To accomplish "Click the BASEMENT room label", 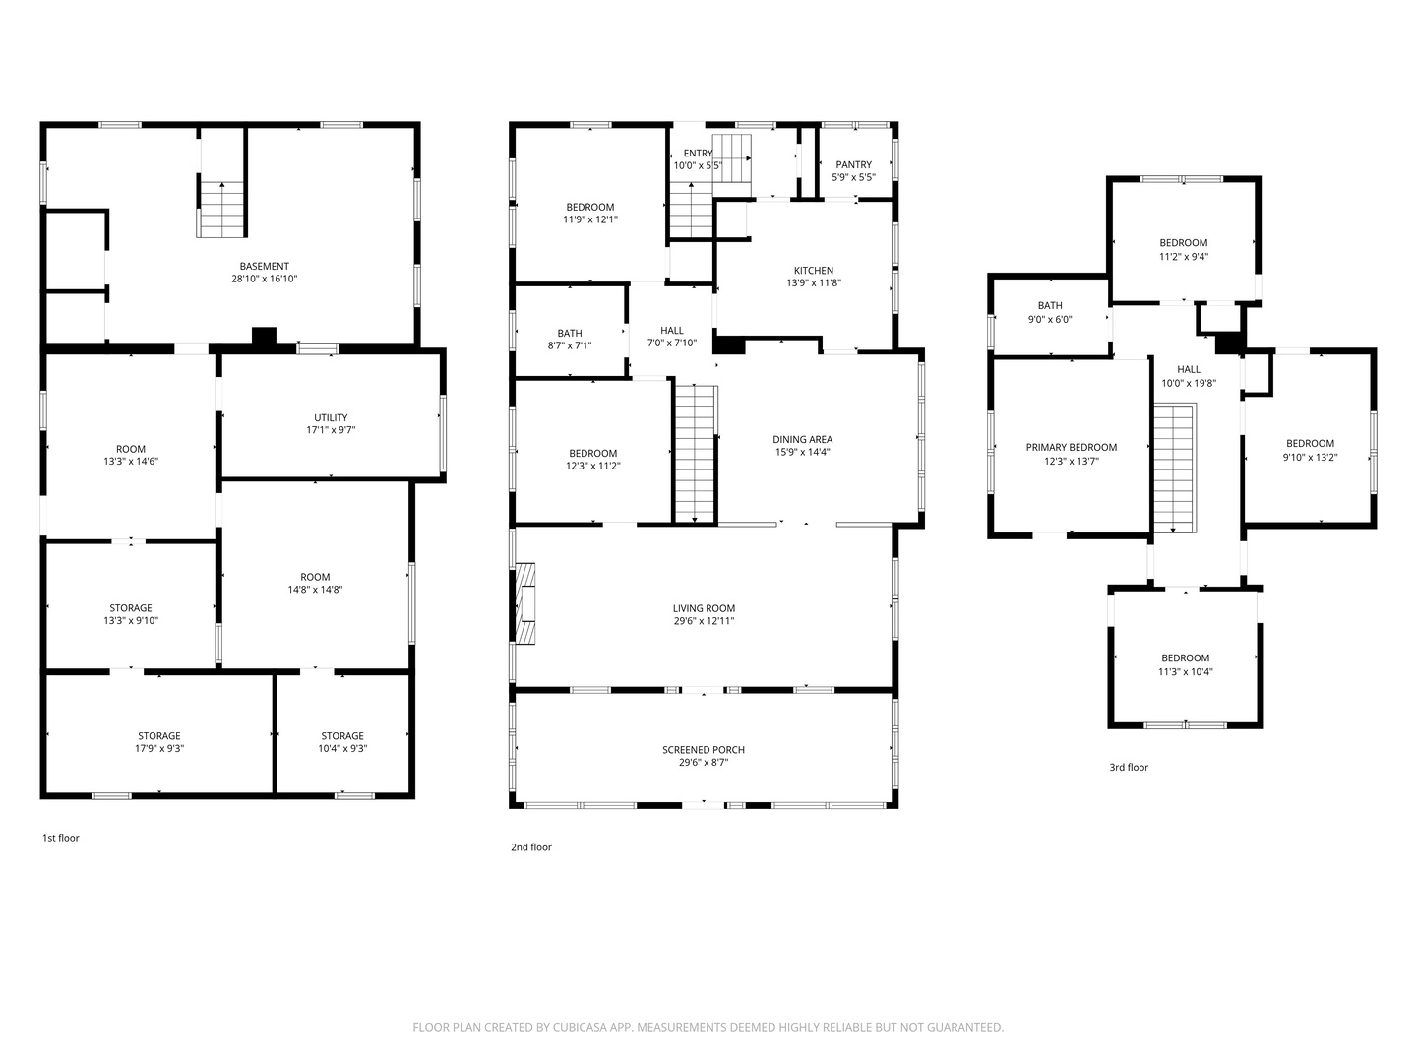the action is click(264, 266).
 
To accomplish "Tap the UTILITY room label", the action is click(331, 417).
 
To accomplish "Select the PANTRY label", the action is click(853, 164).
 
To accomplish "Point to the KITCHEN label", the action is click(814, 271).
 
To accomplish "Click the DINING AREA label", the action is click(802, 440).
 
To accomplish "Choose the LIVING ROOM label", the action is click(704, 608).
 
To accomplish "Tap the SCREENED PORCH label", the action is click(703, 749).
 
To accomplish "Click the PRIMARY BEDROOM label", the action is click(1071, 447).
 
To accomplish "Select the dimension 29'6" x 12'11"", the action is click(704, 621).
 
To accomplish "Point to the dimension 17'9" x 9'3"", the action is click(159, 749).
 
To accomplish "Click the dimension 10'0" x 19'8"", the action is click(1189, 383).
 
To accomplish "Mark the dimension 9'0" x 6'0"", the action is click(1050, 319).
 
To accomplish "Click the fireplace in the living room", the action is click(525, 603).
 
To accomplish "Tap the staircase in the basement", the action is click(221, 209).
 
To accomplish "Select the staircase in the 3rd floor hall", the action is click(1175, 468).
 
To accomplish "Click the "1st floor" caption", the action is click(61, 838).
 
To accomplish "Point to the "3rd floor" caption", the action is click(1129, 767).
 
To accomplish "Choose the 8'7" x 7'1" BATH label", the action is click(570, 339).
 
